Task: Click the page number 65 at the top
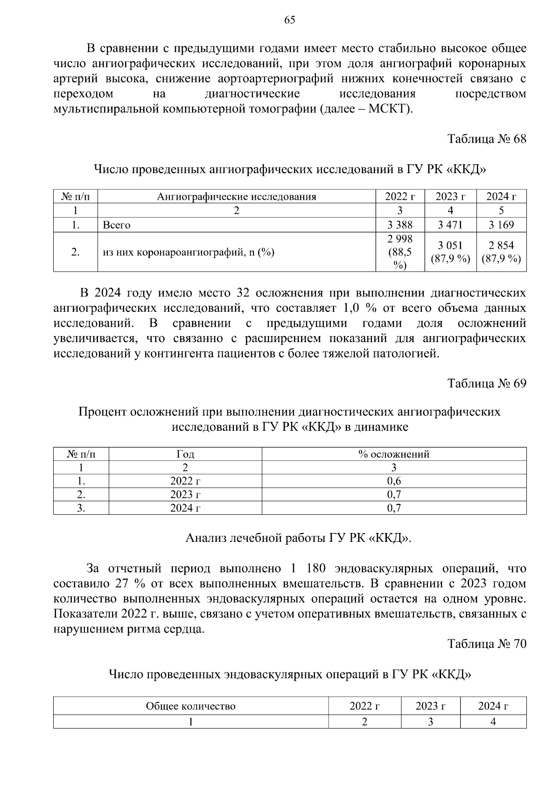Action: click(x=289, y=20)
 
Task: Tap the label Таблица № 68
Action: click(x=487, y=139)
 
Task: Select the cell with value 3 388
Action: click(x=400, y=225)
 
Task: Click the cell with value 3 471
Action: click(x=450, y=225)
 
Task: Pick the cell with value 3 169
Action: click(x=501, y=225)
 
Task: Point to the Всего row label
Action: click(x=117, y=225)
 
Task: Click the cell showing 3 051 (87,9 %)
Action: click(x=450, y=252)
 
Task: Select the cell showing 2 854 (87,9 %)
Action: click(x=501, y=252)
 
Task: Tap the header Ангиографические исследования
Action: click(x=237, y=196)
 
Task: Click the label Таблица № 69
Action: click(x=487, y=383)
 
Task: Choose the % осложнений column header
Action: click(x=394, y=454)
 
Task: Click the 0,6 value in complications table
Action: click(x=394, y=481)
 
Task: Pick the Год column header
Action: click(x=185, y=454)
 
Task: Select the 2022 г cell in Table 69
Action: click(x=185, y=481)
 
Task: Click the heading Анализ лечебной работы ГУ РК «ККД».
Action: click(x=299, y=538)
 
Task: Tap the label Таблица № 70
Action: click(x=487, y=644)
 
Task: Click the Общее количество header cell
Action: click(x=190, y=706)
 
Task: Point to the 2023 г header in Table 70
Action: click(x=430, y=706)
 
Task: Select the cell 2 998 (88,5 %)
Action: click(x=400, y=252)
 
